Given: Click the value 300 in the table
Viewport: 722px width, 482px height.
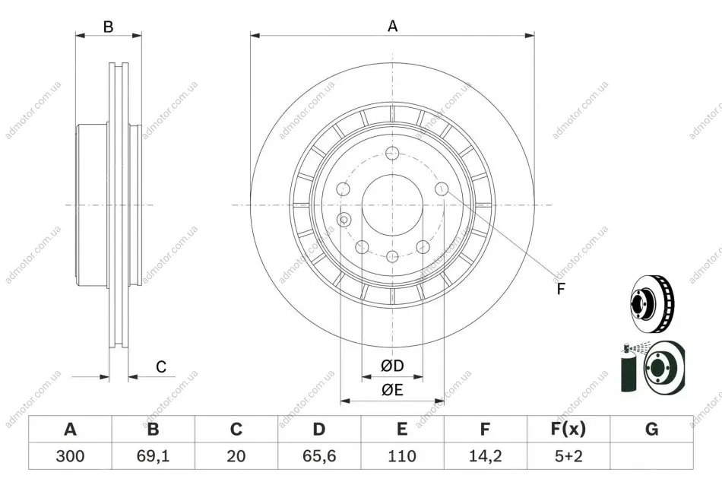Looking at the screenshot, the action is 70,456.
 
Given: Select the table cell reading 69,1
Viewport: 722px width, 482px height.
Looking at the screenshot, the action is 154,456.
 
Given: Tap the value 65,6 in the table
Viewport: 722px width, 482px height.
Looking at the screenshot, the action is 319,456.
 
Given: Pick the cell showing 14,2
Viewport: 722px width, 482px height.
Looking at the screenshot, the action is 486,456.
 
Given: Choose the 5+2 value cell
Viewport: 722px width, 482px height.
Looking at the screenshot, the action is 568,456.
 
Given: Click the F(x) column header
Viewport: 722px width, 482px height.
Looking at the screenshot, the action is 568,429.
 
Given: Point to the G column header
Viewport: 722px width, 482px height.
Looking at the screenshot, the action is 651,429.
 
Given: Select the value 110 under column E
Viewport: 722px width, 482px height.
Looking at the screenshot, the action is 402,456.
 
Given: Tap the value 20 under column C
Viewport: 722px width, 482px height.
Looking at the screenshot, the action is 236,456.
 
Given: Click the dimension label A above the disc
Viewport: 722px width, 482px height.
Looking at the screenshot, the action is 392,26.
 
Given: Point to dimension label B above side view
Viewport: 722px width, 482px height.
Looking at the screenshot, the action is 108,27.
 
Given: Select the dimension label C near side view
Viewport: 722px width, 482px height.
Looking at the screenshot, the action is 160,366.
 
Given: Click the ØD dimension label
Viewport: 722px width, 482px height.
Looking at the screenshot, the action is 392,366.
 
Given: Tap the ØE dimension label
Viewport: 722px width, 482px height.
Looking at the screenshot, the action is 392,390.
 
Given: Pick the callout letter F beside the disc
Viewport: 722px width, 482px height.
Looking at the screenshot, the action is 560,289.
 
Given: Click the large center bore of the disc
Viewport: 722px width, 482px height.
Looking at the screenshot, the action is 392,205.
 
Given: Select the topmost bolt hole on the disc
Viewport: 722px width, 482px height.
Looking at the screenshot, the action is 392,153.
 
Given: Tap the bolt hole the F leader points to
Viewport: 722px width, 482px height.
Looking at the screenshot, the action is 442,188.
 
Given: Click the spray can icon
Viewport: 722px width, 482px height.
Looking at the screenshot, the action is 627,368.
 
